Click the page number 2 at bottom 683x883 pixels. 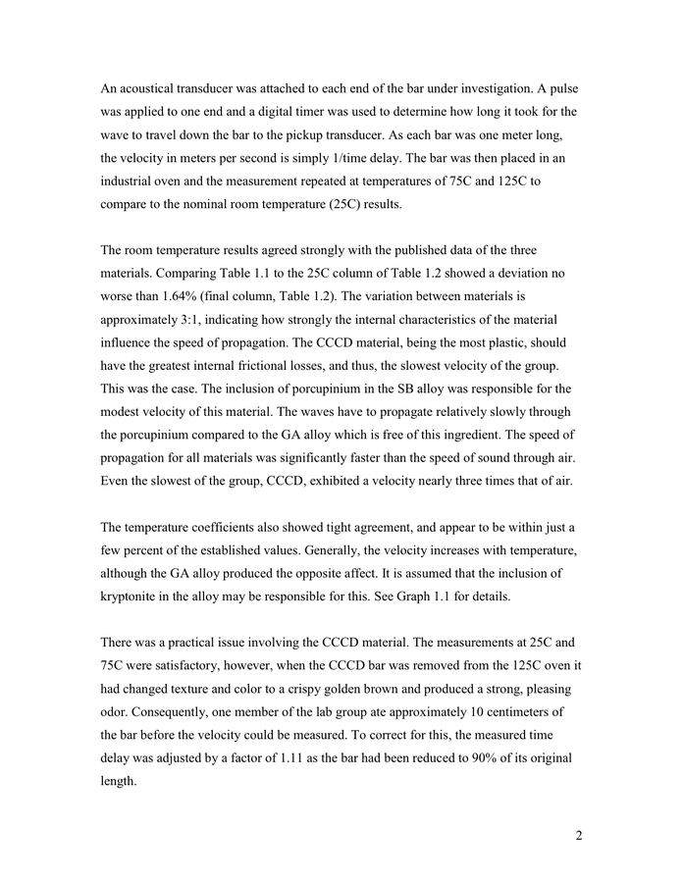click(579, 836)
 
